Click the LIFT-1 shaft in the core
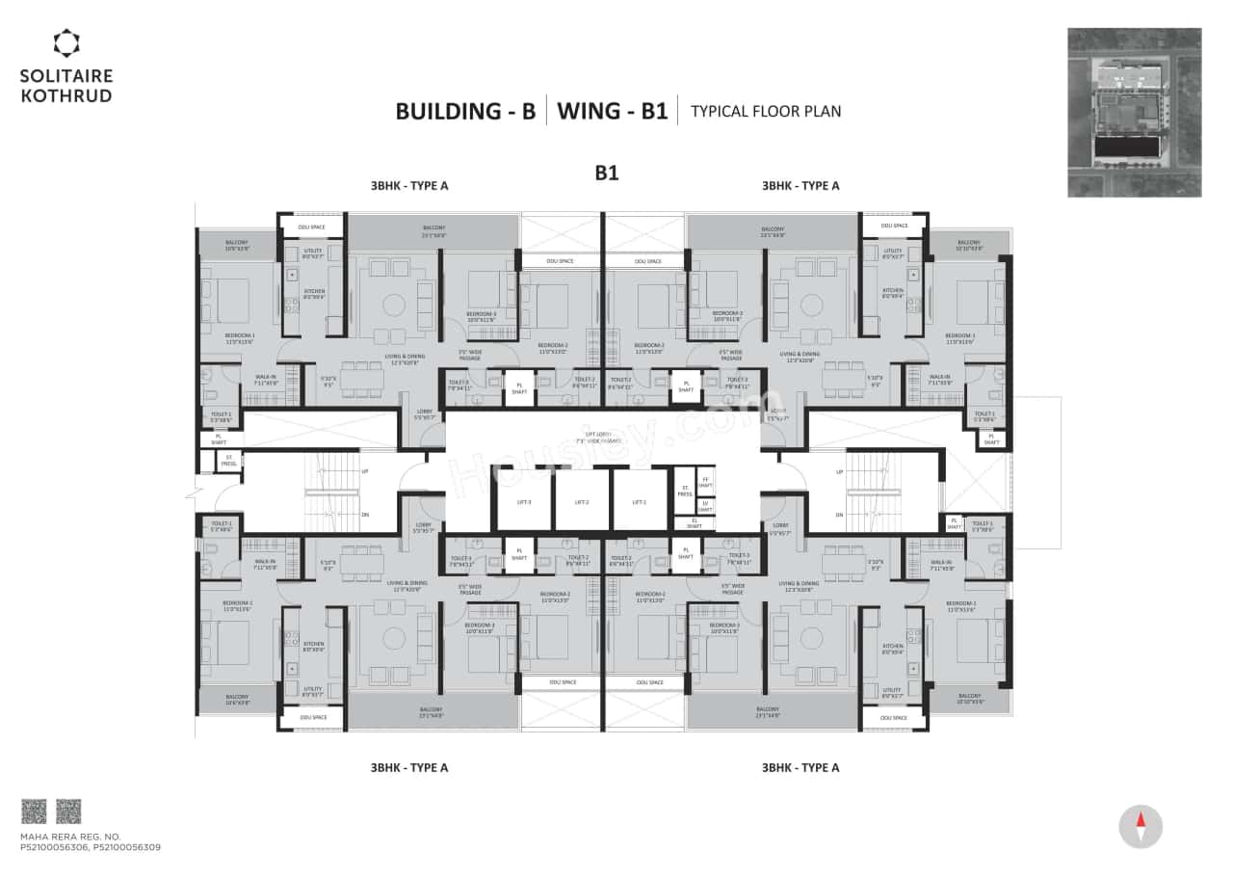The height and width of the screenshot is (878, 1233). (x=639, y=501)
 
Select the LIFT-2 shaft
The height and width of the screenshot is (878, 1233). (x=582, y=501)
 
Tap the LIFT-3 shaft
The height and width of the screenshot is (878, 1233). (x=524, y=501)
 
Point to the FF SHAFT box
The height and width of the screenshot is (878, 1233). (x=706, y=483)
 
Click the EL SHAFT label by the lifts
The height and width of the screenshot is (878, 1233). (x=695, y=523)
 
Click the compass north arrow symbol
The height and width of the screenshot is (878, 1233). (x=1141, y=827)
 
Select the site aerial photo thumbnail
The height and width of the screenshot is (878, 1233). (x=1134, y=113)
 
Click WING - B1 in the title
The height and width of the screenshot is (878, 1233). (x=612, y=111)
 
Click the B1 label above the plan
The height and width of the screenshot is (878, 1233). (x=606, y=173)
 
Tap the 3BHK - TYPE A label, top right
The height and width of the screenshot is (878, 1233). (x=800, y=186)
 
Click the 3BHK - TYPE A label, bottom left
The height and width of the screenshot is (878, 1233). (x=409, y=768)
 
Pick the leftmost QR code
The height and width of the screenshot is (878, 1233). (x=34, y=811)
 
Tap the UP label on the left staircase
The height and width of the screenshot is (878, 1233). (x=364, y=472)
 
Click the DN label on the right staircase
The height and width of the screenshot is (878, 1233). (x=840, y=516)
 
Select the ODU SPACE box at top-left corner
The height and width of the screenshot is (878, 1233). (x=312, y=227)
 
